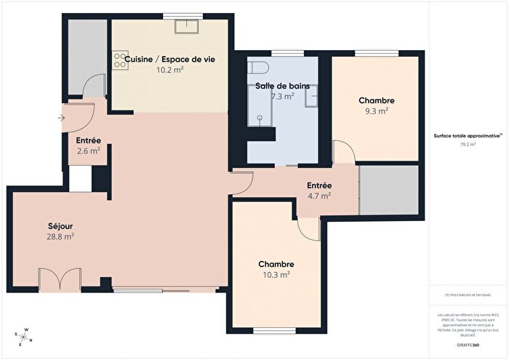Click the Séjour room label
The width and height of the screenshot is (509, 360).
click(x=60, y=225)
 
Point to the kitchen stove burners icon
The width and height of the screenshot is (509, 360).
click(x=120, y=62)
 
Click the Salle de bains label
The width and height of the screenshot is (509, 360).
click(x=282, y=86)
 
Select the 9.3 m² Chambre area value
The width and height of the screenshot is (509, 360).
click(x=376, y=111)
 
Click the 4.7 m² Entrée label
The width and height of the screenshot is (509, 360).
click(x=318, y=195)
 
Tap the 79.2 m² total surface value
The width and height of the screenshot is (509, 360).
click(x=467, y=145)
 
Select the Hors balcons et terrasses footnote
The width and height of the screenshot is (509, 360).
click(x=468, y=295)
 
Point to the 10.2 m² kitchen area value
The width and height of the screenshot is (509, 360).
click(x=169, y=70)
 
